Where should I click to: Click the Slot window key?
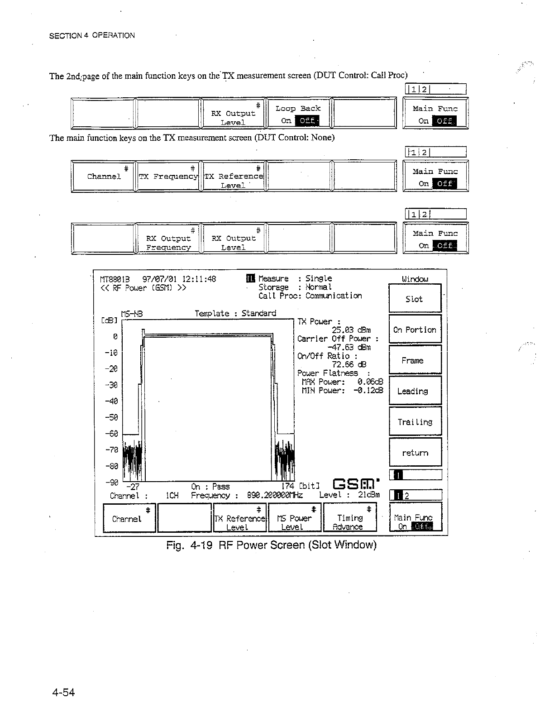coord(415,298)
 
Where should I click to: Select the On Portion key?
coord(415,330)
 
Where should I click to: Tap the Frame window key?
coord(415,360)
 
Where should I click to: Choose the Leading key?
coord(415,391)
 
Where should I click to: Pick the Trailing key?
coord(415,422)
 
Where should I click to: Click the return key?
coord(415,453)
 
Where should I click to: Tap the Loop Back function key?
coord(298,113)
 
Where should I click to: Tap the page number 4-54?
coord(64,693)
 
